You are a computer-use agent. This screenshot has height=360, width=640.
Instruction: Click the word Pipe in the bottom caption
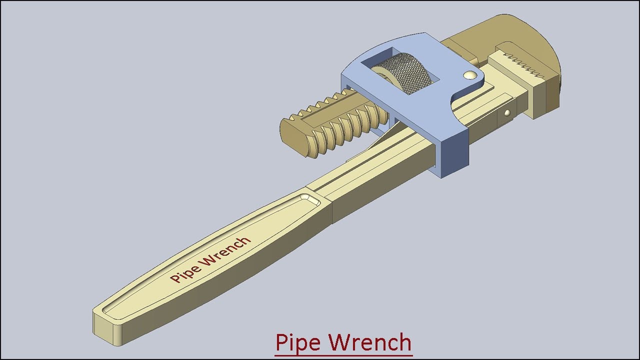(299, 343)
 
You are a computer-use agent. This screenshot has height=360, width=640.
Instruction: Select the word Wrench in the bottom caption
(371, 342)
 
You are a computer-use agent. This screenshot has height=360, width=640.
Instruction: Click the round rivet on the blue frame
(469, 75)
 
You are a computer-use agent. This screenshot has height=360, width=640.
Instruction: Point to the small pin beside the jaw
(507, 113)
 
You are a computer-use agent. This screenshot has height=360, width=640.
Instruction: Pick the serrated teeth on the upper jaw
(522, 66)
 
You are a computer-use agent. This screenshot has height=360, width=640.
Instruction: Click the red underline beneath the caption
(343, 356)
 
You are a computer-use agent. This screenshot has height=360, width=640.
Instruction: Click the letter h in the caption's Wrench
(404, 342)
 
